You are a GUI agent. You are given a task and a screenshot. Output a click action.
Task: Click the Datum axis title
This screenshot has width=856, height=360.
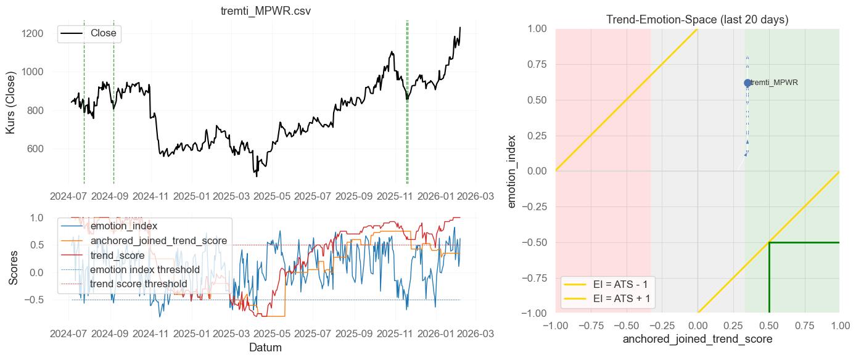[265, 348]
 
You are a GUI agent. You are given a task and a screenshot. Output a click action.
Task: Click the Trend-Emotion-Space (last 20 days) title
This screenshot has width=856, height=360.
[697, 20]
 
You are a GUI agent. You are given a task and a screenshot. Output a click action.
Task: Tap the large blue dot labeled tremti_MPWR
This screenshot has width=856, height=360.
[747, 83]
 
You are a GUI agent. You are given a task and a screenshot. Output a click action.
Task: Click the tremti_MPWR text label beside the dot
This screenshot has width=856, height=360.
[774, 83]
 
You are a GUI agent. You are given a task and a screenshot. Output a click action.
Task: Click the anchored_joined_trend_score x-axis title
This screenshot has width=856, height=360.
[697, 339]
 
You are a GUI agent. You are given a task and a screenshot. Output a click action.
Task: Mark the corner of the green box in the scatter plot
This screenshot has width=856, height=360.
[769, 242]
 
